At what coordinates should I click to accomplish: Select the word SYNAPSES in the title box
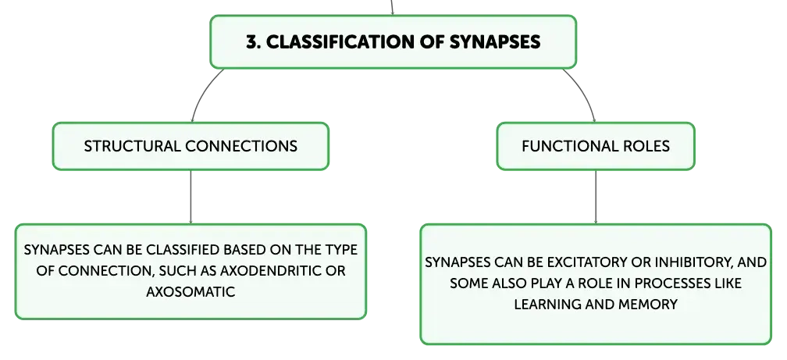point(494,41)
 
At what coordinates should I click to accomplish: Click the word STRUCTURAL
point(132,146)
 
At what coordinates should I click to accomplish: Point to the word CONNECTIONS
point(241,146)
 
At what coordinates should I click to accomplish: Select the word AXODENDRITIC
point(270,271)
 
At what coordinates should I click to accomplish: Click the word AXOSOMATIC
point(191,292)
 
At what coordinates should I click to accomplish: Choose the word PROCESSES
point(671,283)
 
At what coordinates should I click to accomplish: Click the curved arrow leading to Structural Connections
point(204,93)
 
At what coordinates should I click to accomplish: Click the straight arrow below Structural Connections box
point(191,197)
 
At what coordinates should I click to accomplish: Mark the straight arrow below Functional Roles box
point(596,197)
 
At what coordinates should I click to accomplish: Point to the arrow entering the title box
point(392,8)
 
